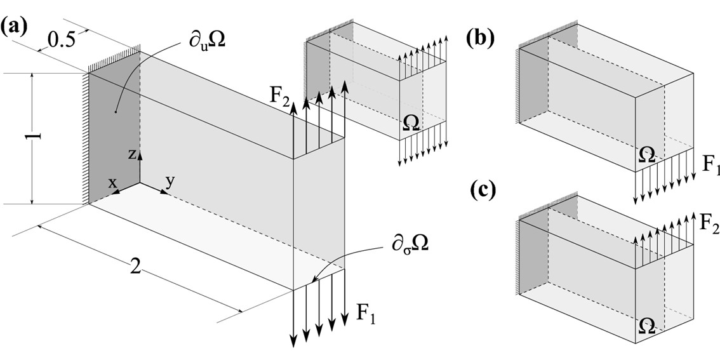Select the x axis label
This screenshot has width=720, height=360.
coord(112,183)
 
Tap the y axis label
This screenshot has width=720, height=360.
coord(170,180)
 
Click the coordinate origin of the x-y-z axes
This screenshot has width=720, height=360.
coord(140,185)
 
